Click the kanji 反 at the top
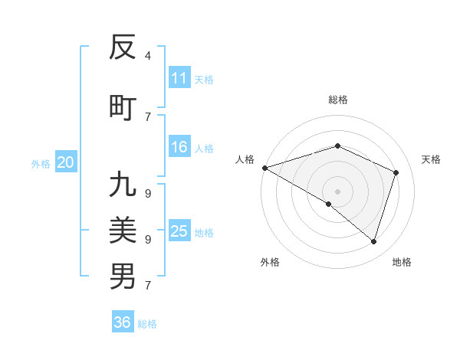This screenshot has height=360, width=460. [123, 47]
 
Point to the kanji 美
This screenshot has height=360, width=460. [123, 229]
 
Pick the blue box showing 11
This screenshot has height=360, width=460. [179, 78]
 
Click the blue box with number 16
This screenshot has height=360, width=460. [179, 148]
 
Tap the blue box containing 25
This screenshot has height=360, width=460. [179, 231]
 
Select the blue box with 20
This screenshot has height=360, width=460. [66, 162]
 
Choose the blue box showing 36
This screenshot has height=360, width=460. [123, 322]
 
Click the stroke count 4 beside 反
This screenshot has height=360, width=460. [147, 56]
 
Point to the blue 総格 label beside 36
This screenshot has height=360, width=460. [147, 324]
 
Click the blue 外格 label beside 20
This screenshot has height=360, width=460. [41, 163]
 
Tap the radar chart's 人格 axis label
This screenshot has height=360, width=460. [245, 159]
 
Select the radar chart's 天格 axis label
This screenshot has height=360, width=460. [432, 159]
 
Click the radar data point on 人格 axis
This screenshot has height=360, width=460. [264, 167]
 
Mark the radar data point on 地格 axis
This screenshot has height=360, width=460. [374, 242]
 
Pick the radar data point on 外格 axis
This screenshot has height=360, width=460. [329, 204]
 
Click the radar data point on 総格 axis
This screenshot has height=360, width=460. [337, 146]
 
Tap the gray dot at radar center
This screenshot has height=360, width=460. [337, 191]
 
